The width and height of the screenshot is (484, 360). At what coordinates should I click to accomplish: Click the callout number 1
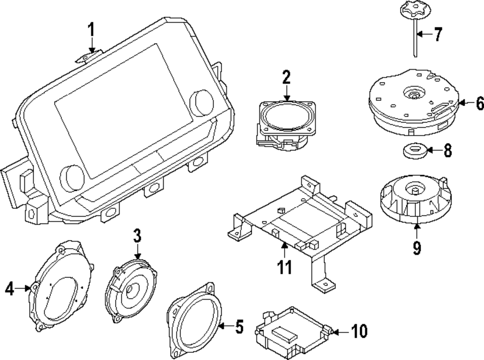91,30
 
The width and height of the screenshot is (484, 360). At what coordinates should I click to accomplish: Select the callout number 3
137,235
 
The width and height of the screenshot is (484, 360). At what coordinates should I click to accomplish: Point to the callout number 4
10,289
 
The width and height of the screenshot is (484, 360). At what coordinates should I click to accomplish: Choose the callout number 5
239,326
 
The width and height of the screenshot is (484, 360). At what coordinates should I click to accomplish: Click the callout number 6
479,103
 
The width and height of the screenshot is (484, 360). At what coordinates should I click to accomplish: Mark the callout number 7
438,34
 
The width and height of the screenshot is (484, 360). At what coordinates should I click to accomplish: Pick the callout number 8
448,150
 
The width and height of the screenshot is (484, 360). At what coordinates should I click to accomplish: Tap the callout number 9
417,247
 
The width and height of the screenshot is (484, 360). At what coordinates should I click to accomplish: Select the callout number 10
359,331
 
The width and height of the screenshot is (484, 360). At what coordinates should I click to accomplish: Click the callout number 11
284,267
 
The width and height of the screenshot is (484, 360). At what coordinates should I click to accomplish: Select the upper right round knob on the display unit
202,102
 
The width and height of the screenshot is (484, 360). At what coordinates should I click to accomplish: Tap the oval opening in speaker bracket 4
62,298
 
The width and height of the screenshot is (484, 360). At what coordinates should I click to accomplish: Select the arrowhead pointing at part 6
461,103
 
